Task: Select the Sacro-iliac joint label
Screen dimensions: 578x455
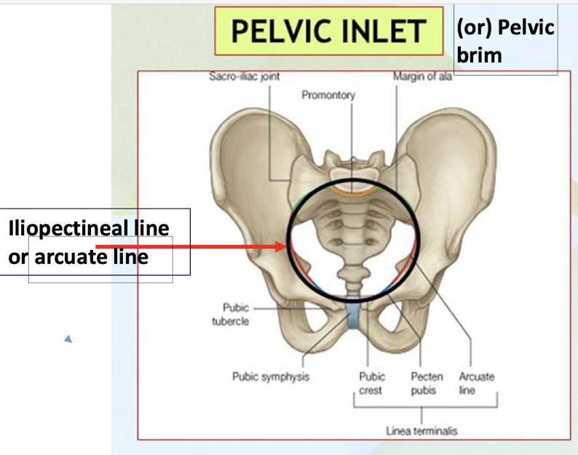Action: click(244, 76)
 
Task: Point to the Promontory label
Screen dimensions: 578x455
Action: click(328, 95)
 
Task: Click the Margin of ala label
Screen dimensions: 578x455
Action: click(422, 76)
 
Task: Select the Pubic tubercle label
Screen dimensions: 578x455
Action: click(230, 315)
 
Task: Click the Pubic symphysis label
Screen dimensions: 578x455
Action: click(271, 377)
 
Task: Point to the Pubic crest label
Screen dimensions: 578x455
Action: click(371, 383)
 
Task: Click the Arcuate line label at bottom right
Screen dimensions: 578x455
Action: click(476, 383)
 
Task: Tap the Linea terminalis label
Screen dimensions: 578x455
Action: click(421, 430)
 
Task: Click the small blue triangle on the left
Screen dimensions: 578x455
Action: click(68, 338)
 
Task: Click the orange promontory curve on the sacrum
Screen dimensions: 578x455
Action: click(354, 192)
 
